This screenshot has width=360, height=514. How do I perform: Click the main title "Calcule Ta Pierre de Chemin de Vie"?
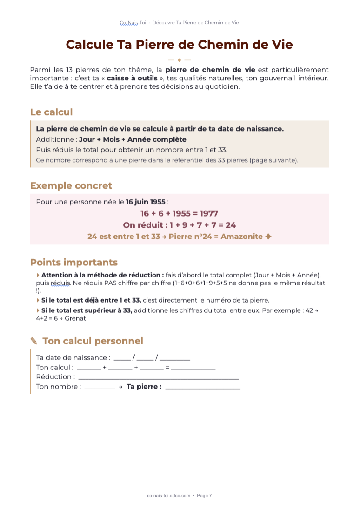pyautogui.click(x=179, y=45)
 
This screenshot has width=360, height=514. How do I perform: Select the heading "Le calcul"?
pyautogui.click(x=51, y=112)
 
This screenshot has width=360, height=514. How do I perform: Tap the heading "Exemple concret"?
pyautogui.click(x=71, y=186)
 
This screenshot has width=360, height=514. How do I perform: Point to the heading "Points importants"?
pyautogui.click(x=73, y=262)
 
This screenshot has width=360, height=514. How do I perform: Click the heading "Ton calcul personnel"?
pyautogui.click(x=93, y=341)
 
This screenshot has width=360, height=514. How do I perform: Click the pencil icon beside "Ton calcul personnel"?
pyautogui.click(x=34, y=341)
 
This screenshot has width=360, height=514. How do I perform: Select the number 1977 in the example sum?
pyautogui.click(x=209, y=213)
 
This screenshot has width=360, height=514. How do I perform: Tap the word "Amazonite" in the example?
pyautogui.click(x=241, y=237)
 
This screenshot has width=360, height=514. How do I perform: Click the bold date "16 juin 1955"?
pyautogui.click(x=146, y=202)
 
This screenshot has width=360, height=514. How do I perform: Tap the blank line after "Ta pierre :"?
pyautogui.click(x=203, y=388)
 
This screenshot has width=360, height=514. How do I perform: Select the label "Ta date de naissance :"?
pyautogui.click(x=73, y=358)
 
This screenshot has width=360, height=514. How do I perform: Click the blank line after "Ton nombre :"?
pyautogui.click(x=100, y=388)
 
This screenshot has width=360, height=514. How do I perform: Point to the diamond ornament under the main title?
pyautogui.click(x=179, y=60)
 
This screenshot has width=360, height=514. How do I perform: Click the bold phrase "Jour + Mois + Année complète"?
pyautogui.click(x=133, y=139)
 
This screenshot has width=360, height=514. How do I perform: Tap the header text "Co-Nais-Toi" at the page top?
pyautogui.click(x=133, y=22)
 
